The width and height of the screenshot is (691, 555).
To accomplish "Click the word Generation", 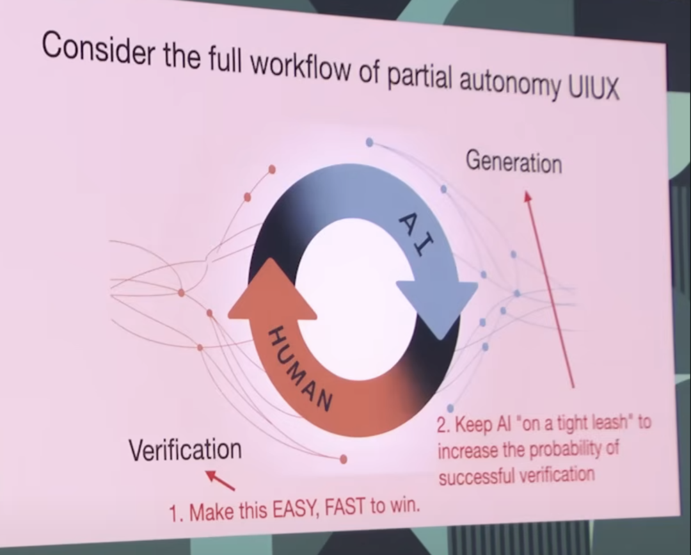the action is pos(514,161).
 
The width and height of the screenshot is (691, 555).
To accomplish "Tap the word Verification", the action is pos(186,450).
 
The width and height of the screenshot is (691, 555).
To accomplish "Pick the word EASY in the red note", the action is pos(296,510).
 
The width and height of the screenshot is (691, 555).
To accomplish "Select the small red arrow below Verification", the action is pos(219,481).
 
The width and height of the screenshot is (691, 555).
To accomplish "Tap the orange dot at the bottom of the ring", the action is pos(344,459).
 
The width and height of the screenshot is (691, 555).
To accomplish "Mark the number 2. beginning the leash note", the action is pos(445,426).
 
